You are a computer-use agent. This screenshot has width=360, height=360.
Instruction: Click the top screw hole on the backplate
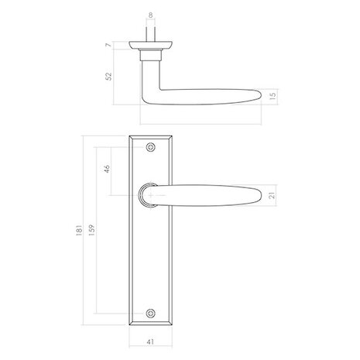(150, 147)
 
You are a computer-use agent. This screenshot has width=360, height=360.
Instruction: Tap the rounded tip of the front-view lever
(261, 197)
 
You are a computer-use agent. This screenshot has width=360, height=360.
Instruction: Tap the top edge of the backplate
(150, 135)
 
